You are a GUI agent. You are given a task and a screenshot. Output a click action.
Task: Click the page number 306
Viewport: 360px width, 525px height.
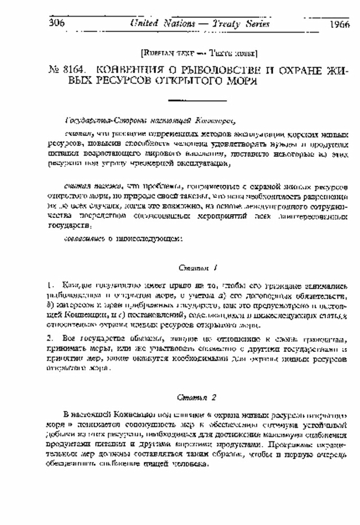tap(57, 24)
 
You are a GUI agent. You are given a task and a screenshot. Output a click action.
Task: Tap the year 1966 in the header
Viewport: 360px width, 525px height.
tap(339, 24)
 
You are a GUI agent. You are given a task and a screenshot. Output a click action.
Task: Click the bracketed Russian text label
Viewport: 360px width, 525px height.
tap(200, 54)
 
